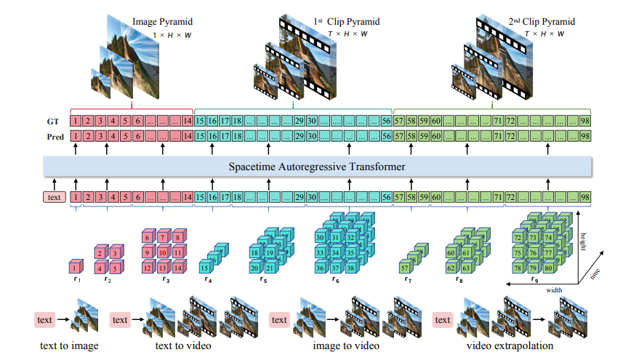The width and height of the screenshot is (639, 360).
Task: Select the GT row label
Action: tap(52, 120)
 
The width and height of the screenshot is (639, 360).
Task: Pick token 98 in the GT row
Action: tap(583, 120)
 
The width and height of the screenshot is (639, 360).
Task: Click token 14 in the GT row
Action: tap(187, 120)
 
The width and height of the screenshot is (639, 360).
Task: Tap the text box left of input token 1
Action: tap(54, 196)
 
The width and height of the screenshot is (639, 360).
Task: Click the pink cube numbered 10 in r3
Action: tap(161, 253)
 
